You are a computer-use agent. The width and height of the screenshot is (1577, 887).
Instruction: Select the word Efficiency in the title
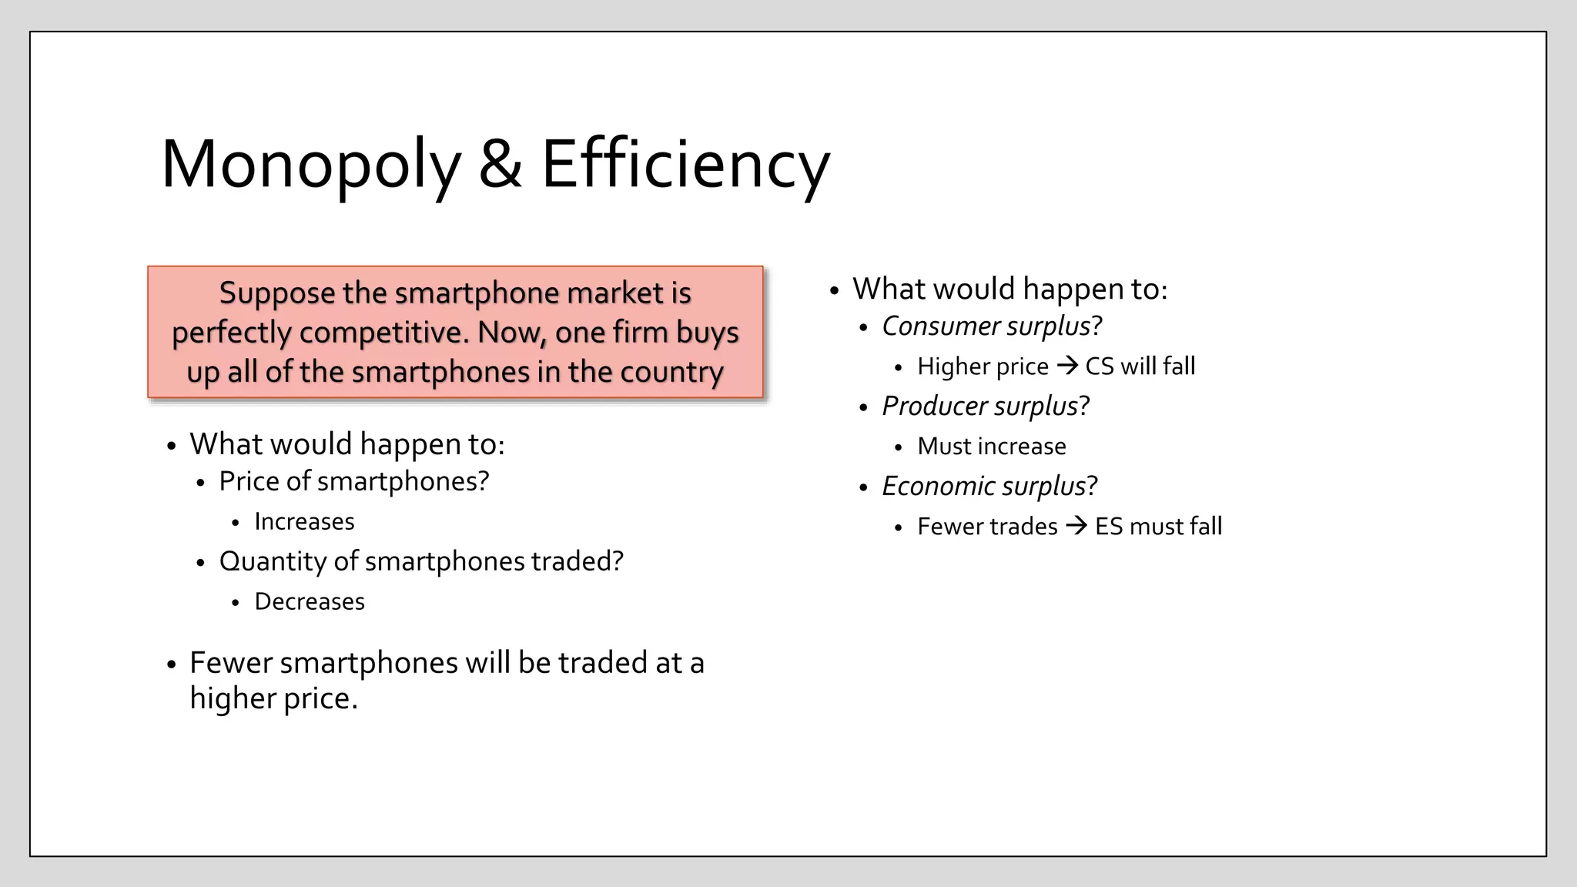pos(685,165)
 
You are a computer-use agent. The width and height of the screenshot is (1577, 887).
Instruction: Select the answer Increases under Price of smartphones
pos(304,522)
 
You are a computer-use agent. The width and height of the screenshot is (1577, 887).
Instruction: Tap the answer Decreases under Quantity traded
pos(310,602)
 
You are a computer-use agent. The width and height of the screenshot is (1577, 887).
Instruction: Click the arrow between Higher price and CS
pos(1067,366)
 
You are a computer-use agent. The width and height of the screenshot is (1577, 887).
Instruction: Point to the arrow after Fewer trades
pos(1076,526)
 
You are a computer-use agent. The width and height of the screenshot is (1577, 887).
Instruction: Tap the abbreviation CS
pos(1099,367)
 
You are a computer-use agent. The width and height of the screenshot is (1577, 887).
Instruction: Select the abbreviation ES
pos(1109,527)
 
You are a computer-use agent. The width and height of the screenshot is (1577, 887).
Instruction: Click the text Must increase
pos(992,447)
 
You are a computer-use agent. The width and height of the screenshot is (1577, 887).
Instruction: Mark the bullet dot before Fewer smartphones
pos(172,664)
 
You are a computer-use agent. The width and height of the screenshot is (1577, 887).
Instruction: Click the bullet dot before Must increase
pos(898,448)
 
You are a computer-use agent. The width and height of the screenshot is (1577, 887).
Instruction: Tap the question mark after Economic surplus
pos(1092,487)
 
